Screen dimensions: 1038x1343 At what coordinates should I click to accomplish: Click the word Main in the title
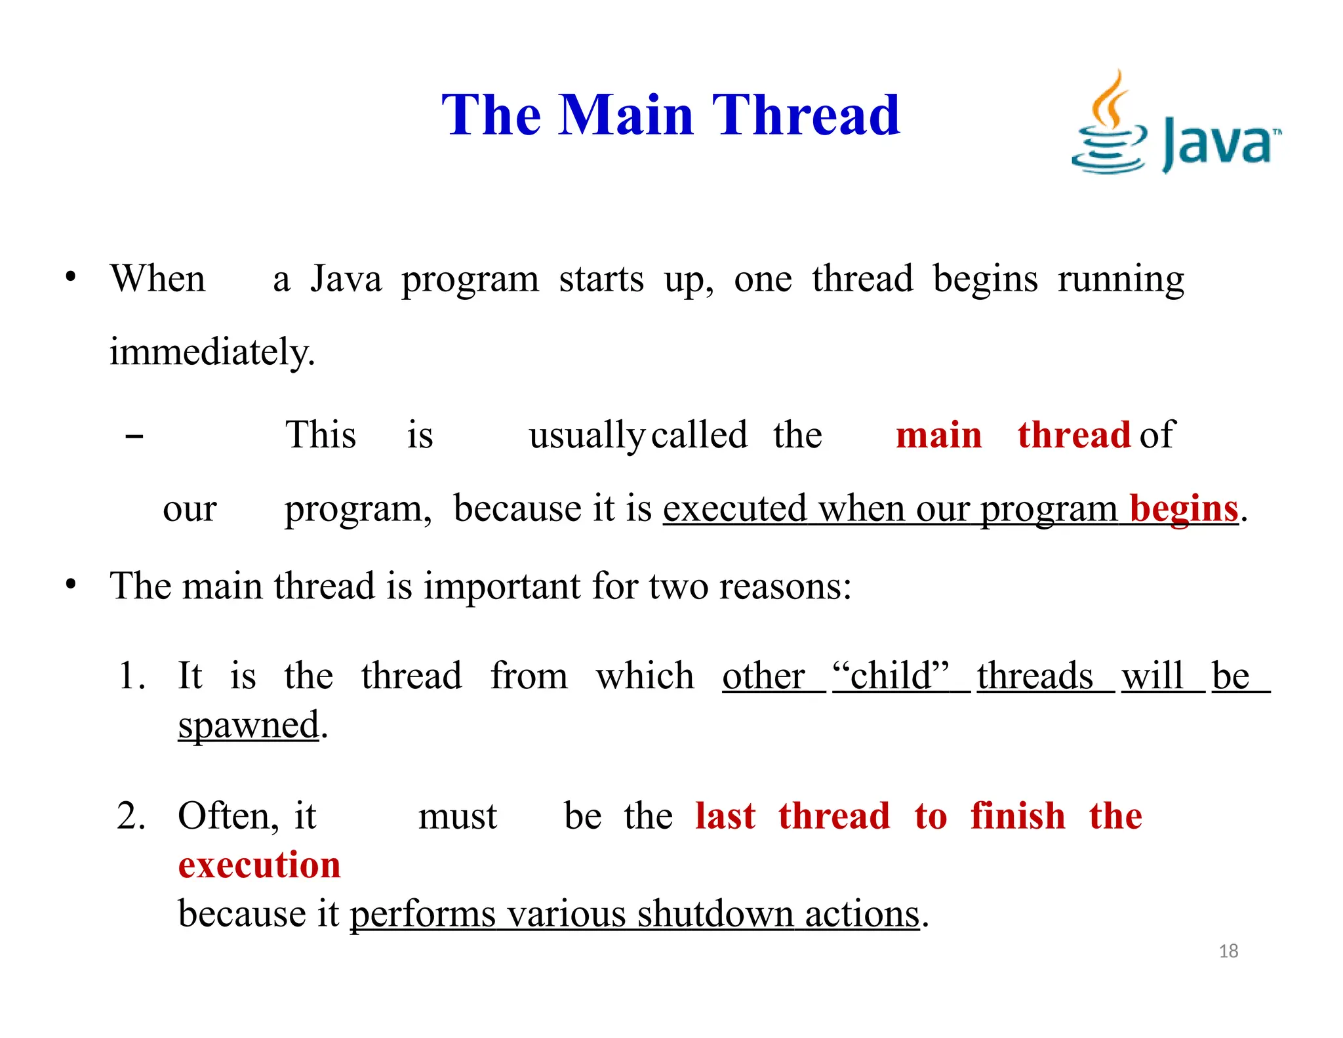coord(626,115)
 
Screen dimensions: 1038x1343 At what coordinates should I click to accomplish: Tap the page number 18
coord(1228,951)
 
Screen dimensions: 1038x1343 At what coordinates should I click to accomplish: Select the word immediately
coord(212,352)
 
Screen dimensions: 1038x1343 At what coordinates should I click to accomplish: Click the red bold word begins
coord(1184,509)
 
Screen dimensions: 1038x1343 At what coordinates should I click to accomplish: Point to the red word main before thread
coord(938,436)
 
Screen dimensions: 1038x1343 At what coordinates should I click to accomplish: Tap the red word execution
coord(260,865)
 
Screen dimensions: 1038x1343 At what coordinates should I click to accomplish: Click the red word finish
coord(1018,817)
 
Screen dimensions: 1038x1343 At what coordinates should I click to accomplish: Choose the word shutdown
coord(715,914)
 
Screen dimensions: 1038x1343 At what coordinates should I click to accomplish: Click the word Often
coord(224,817)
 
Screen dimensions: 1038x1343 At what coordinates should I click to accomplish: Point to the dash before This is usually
coord(134,436)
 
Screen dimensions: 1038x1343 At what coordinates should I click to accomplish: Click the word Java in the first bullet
coord(346,280)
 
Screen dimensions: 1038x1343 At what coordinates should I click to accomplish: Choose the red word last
coord(725,817)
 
